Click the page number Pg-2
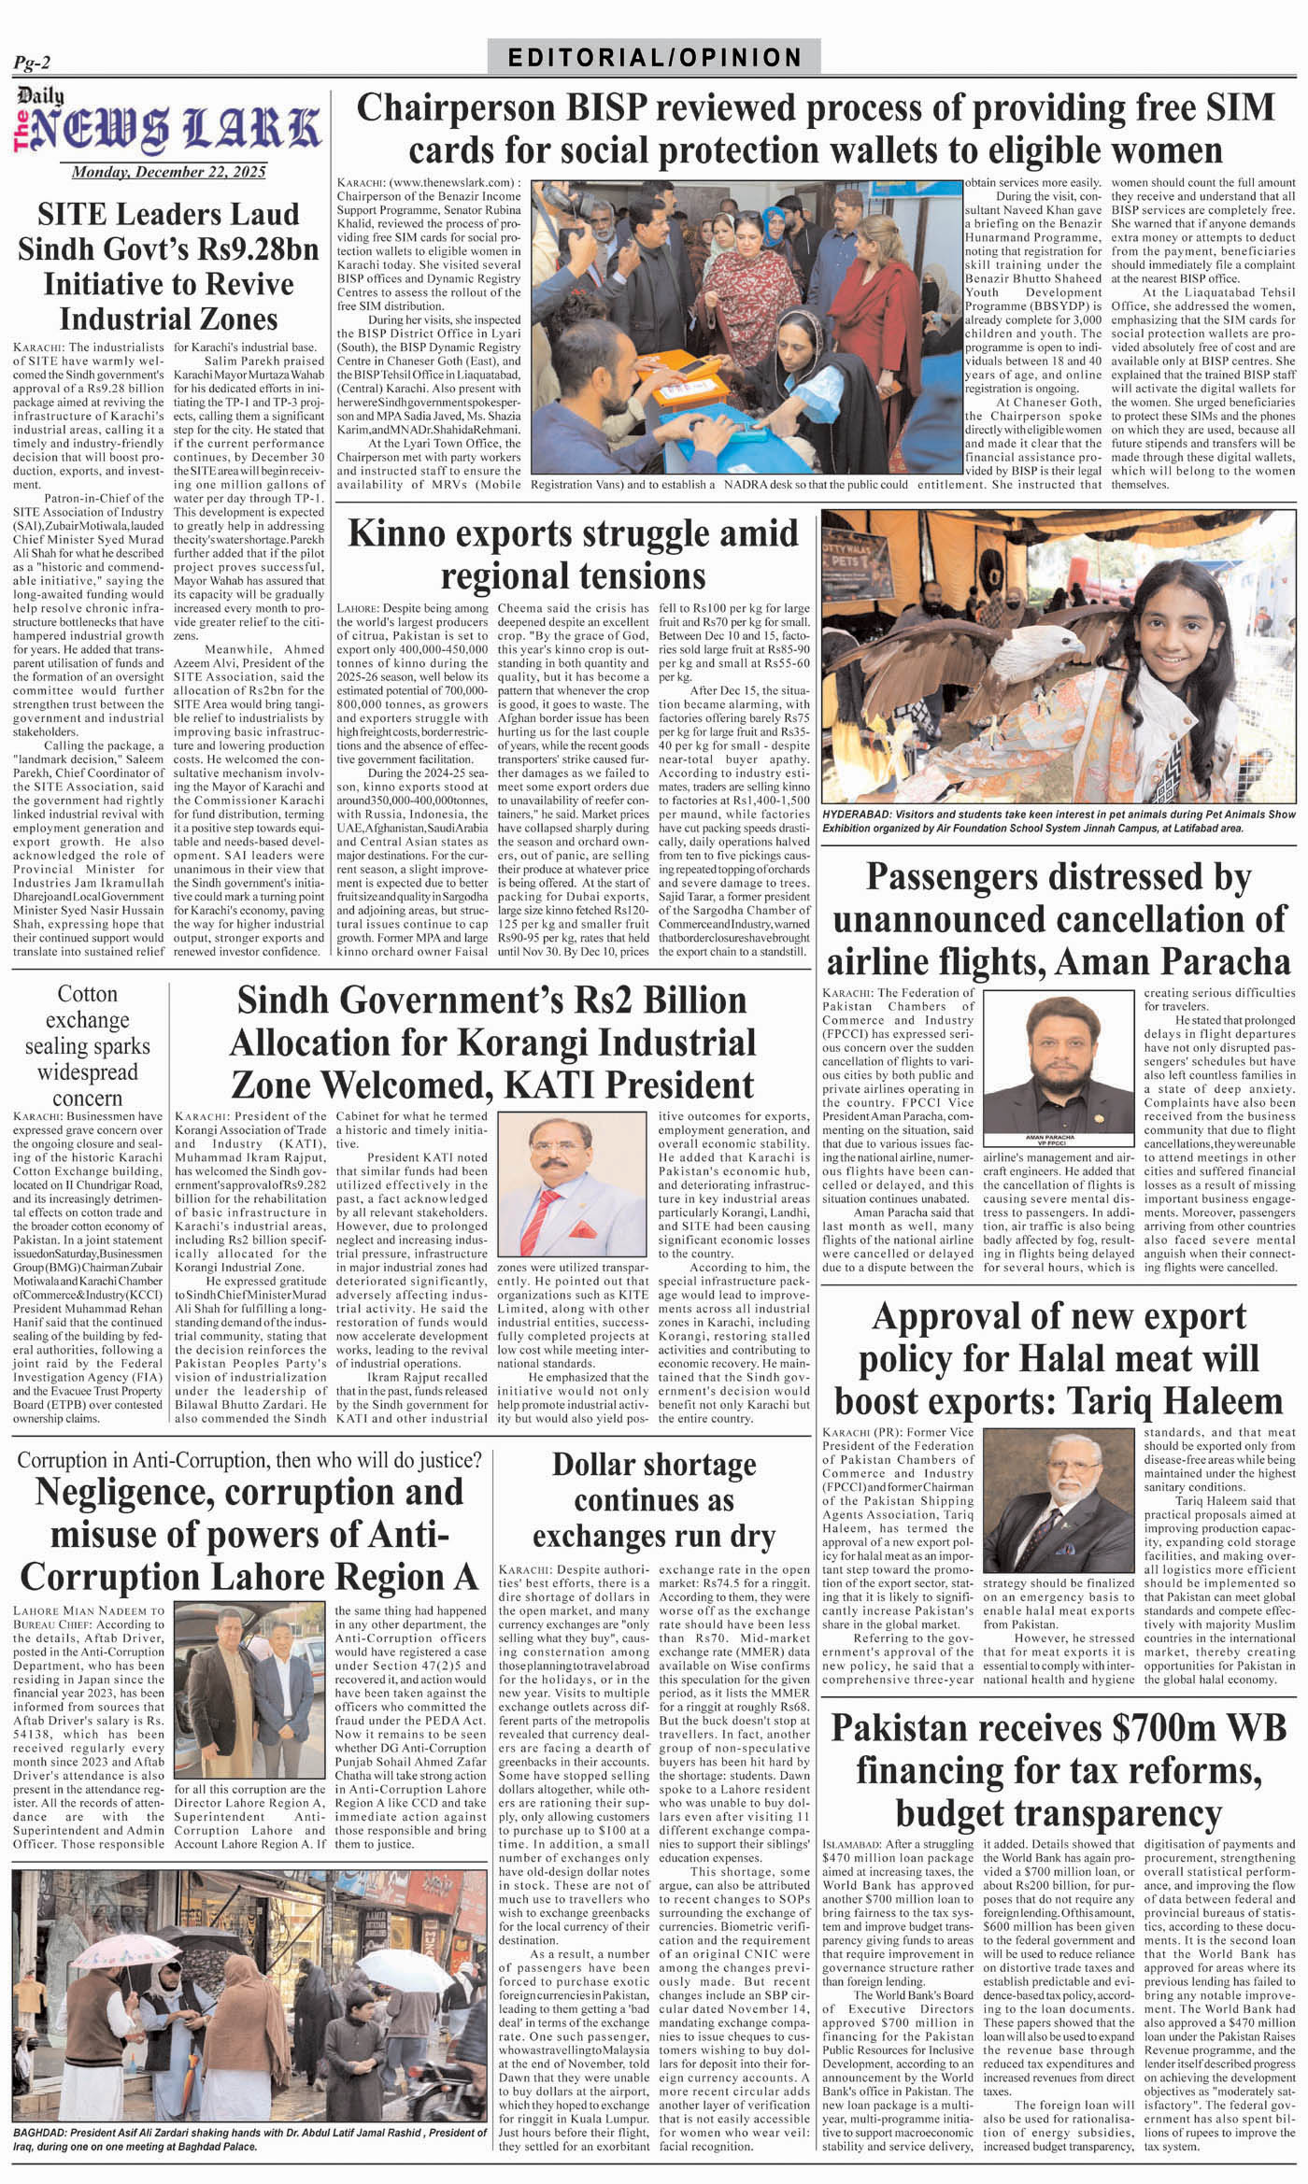pyautogui.click(x=32, y=63)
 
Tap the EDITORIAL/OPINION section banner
pyautogui.click(x=654, y=58)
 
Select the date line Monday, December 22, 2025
pyautogui.click(x=168, y=172)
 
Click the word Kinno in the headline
pyautogui.click(x=398, y=533)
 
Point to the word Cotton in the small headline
pyautogui.click(x=88, y=994)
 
